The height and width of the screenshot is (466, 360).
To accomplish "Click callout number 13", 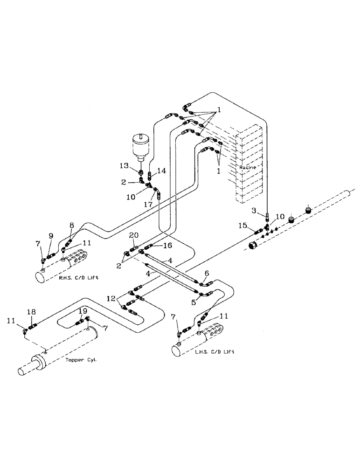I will [123, 166].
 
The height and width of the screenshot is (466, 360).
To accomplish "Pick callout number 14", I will [161, 171].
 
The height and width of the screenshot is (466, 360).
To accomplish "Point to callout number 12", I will [111, 297].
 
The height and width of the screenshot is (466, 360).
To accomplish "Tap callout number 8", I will [71, 224].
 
